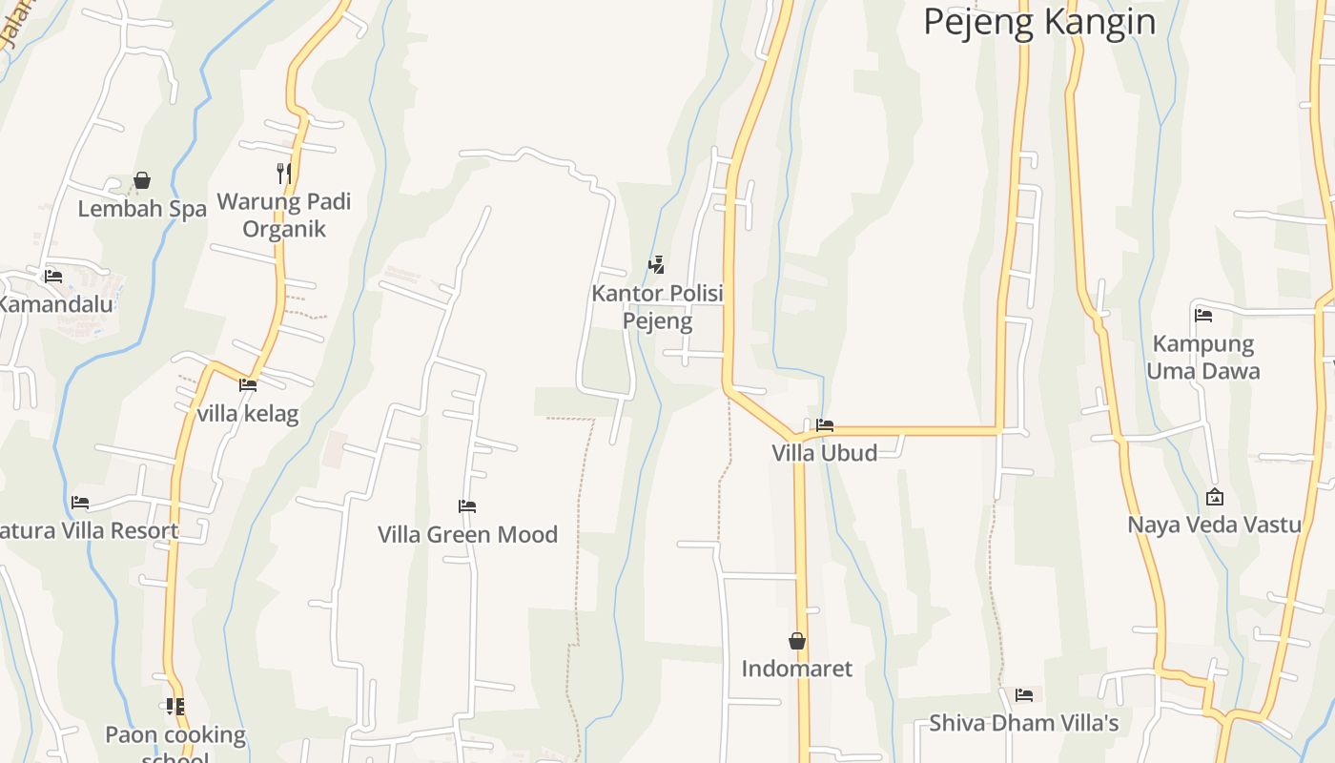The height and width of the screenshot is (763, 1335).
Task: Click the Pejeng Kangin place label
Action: pos(1039,21)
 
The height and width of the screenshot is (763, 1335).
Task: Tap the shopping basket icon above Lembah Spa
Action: pos(142,180)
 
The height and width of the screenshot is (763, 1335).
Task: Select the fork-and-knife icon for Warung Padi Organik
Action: pos(283,173)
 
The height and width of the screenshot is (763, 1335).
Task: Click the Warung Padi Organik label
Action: pos(284,216)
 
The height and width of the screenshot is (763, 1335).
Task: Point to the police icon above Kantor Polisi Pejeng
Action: pos(656,265)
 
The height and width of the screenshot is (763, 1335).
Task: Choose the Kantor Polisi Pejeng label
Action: pos(657,307)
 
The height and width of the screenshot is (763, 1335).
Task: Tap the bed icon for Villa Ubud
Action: pos(825,425)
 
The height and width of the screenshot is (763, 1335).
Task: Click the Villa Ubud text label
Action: pos(825,453)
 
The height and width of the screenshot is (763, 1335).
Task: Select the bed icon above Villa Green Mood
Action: pos(467,506)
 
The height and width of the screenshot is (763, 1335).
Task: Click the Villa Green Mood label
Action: pos(467,534)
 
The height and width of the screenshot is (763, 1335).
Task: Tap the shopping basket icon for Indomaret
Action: pos(797,641)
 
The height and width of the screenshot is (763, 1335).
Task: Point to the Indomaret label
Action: pos(797,669)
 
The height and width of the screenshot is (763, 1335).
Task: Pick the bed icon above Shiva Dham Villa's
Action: pos(1024,695)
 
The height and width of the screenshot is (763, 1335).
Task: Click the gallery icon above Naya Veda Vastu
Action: pos(1215,497)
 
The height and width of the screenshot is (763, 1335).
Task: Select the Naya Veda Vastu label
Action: pos(1215,525)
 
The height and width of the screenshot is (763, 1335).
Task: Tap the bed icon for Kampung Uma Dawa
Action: pos(1203,316)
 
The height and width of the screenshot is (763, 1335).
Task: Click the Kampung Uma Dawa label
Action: pos(1203,357)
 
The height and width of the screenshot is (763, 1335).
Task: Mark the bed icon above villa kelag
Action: pos(248,385)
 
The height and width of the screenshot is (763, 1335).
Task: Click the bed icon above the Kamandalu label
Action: pos(53,277)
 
